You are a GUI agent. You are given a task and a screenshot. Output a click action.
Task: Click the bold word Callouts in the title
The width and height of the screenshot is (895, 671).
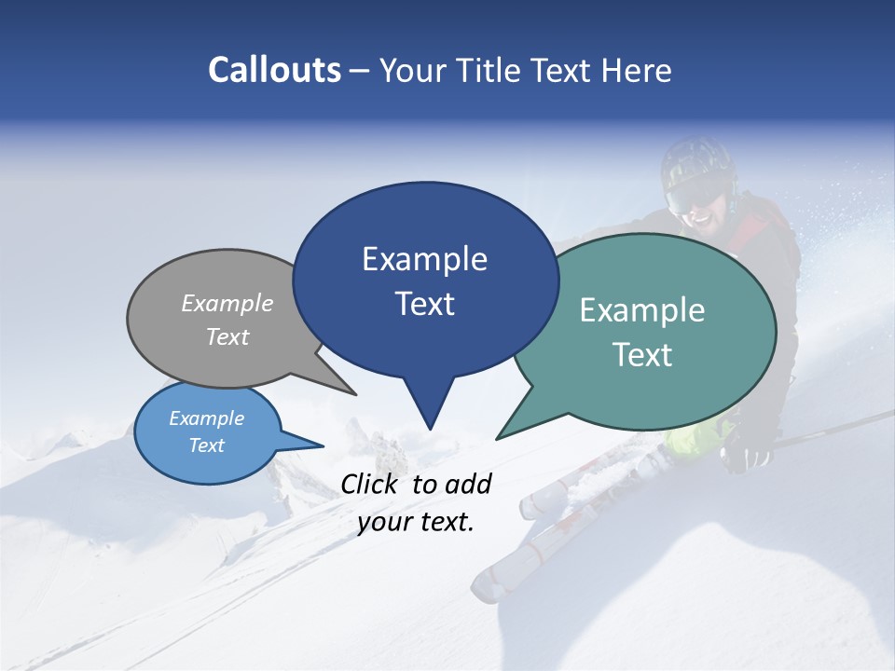pyautogui.click(x=274, y=70)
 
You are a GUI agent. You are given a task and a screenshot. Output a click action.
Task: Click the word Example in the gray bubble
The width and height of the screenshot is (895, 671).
pyautogui.click(x=227, y=303)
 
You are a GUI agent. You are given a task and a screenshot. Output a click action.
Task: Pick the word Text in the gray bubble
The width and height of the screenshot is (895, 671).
pyautogui.click(x=227, y=336)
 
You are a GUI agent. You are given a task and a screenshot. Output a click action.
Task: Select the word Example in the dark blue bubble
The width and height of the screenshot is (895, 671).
pyautogui.click(x=424, y=259)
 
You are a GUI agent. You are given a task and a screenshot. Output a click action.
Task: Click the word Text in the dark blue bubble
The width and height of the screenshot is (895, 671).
pyautogui.click(x=425, y=304)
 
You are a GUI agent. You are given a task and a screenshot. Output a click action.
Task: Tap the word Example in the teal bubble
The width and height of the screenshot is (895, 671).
pyautogui.click(x=642, y=310)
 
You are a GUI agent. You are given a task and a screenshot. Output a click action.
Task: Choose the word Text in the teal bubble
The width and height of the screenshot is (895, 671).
pyautogui.click(x=643, y=355)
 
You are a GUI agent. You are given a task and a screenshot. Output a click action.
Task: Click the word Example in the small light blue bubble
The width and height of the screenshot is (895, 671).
pyautogui.click(x=206, y=418)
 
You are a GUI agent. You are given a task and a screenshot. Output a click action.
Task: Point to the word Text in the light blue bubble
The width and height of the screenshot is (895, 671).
pyautogui.click(x=207, y=445)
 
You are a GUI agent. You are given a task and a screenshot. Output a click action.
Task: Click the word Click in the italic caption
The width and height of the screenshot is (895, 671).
pyautogui.click(x=370, y=484)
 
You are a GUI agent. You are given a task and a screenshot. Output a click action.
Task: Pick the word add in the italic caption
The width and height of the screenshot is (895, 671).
pyautogui.click(x=467, y=484)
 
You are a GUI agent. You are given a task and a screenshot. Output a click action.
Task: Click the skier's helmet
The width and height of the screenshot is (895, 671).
pyautogui.click(x=697, y=158)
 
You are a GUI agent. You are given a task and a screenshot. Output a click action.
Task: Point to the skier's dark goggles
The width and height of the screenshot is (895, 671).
pyautogui.click(x=695, y=195)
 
